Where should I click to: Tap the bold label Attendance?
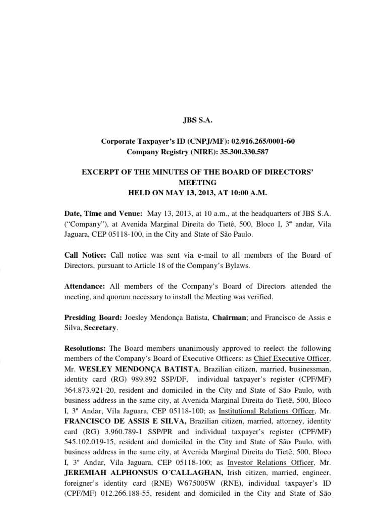coord(85,286)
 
